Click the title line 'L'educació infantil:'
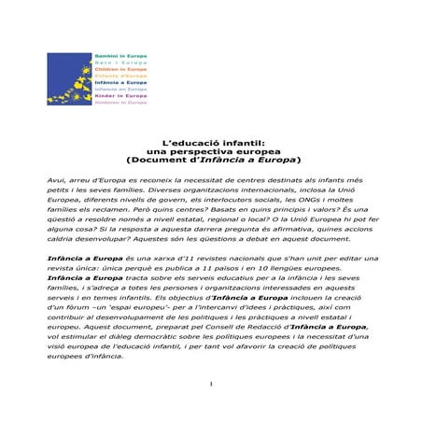(x=213, y=143)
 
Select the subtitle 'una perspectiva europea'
(x=213, y=151)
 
